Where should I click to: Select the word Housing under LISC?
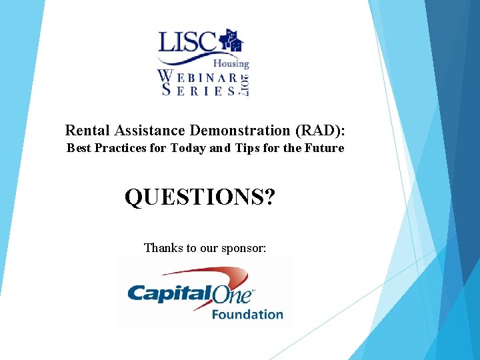click(x=231, y=64)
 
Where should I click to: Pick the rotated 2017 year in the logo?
click(x=244, y=85)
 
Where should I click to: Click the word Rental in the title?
click(x=85, y=129)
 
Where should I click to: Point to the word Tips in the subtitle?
click(x=245, y=148)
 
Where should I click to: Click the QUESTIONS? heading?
click(x=199, y=197)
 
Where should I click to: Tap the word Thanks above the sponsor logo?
click(x=163, y=248)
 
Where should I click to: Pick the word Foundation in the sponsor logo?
click(x=247, y=314)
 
